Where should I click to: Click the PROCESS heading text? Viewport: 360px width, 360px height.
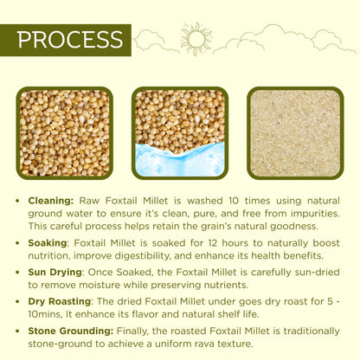[x=70, y=41]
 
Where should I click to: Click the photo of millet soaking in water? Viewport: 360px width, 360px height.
[x=180, y=132]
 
